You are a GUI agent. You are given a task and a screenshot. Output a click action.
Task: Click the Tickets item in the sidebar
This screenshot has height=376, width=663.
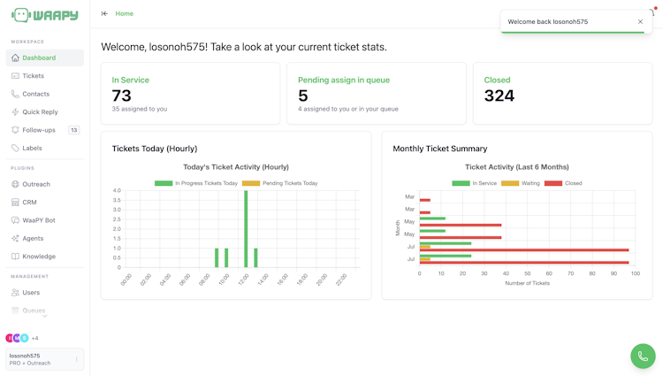click(x=33, y=76)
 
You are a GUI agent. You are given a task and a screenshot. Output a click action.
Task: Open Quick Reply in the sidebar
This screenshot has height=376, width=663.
click(x=40, y=111)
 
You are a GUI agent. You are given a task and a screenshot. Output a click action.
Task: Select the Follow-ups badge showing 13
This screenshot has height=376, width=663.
click(x=74, y=130)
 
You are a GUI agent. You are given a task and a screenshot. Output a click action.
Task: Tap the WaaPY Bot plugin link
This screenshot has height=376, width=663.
click(x=39, y=220)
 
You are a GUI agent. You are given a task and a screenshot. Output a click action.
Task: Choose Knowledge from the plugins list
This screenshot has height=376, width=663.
click(x=39, y=256)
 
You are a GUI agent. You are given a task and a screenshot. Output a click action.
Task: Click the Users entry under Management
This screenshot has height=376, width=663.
click(x=31, y=292)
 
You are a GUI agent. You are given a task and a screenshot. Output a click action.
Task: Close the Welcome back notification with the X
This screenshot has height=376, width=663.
click(x=640, y=21)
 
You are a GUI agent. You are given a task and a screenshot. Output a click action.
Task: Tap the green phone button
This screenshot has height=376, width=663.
click(x=643, y=357)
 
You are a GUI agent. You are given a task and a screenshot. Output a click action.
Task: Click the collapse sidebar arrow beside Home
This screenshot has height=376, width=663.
click(x=104, y=13)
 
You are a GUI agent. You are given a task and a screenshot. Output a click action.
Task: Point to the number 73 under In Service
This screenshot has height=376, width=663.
click(x=122, y=96)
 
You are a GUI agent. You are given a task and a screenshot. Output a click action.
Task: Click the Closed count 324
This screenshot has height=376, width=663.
click(x=499, y=96)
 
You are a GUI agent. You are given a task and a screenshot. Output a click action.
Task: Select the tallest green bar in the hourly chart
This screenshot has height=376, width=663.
click(x=246, y=229)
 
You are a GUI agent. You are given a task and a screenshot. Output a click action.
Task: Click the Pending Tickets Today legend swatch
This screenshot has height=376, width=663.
click(x=251, y=183)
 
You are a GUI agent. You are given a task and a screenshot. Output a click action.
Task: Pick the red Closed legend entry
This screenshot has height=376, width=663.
click(x=563, y=183)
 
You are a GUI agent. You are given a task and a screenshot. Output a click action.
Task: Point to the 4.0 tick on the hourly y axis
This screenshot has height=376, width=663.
click(x=117, y=190)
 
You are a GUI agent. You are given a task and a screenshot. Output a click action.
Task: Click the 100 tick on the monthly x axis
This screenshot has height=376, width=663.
click(x=635, y=273)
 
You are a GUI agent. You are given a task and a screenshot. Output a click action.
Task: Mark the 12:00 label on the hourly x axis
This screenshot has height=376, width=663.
click(x=244, y=280)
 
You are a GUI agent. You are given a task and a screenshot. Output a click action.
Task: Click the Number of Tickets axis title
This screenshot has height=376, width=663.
click(x=527, y=283)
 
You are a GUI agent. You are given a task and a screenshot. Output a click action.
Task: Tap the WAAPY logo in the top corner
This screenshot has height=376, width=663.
click(x=45, y=15)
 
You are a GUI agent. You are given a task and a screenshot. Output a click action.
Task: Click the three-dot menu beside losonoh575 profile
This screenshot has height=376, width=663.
click(x=77, y=359)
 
